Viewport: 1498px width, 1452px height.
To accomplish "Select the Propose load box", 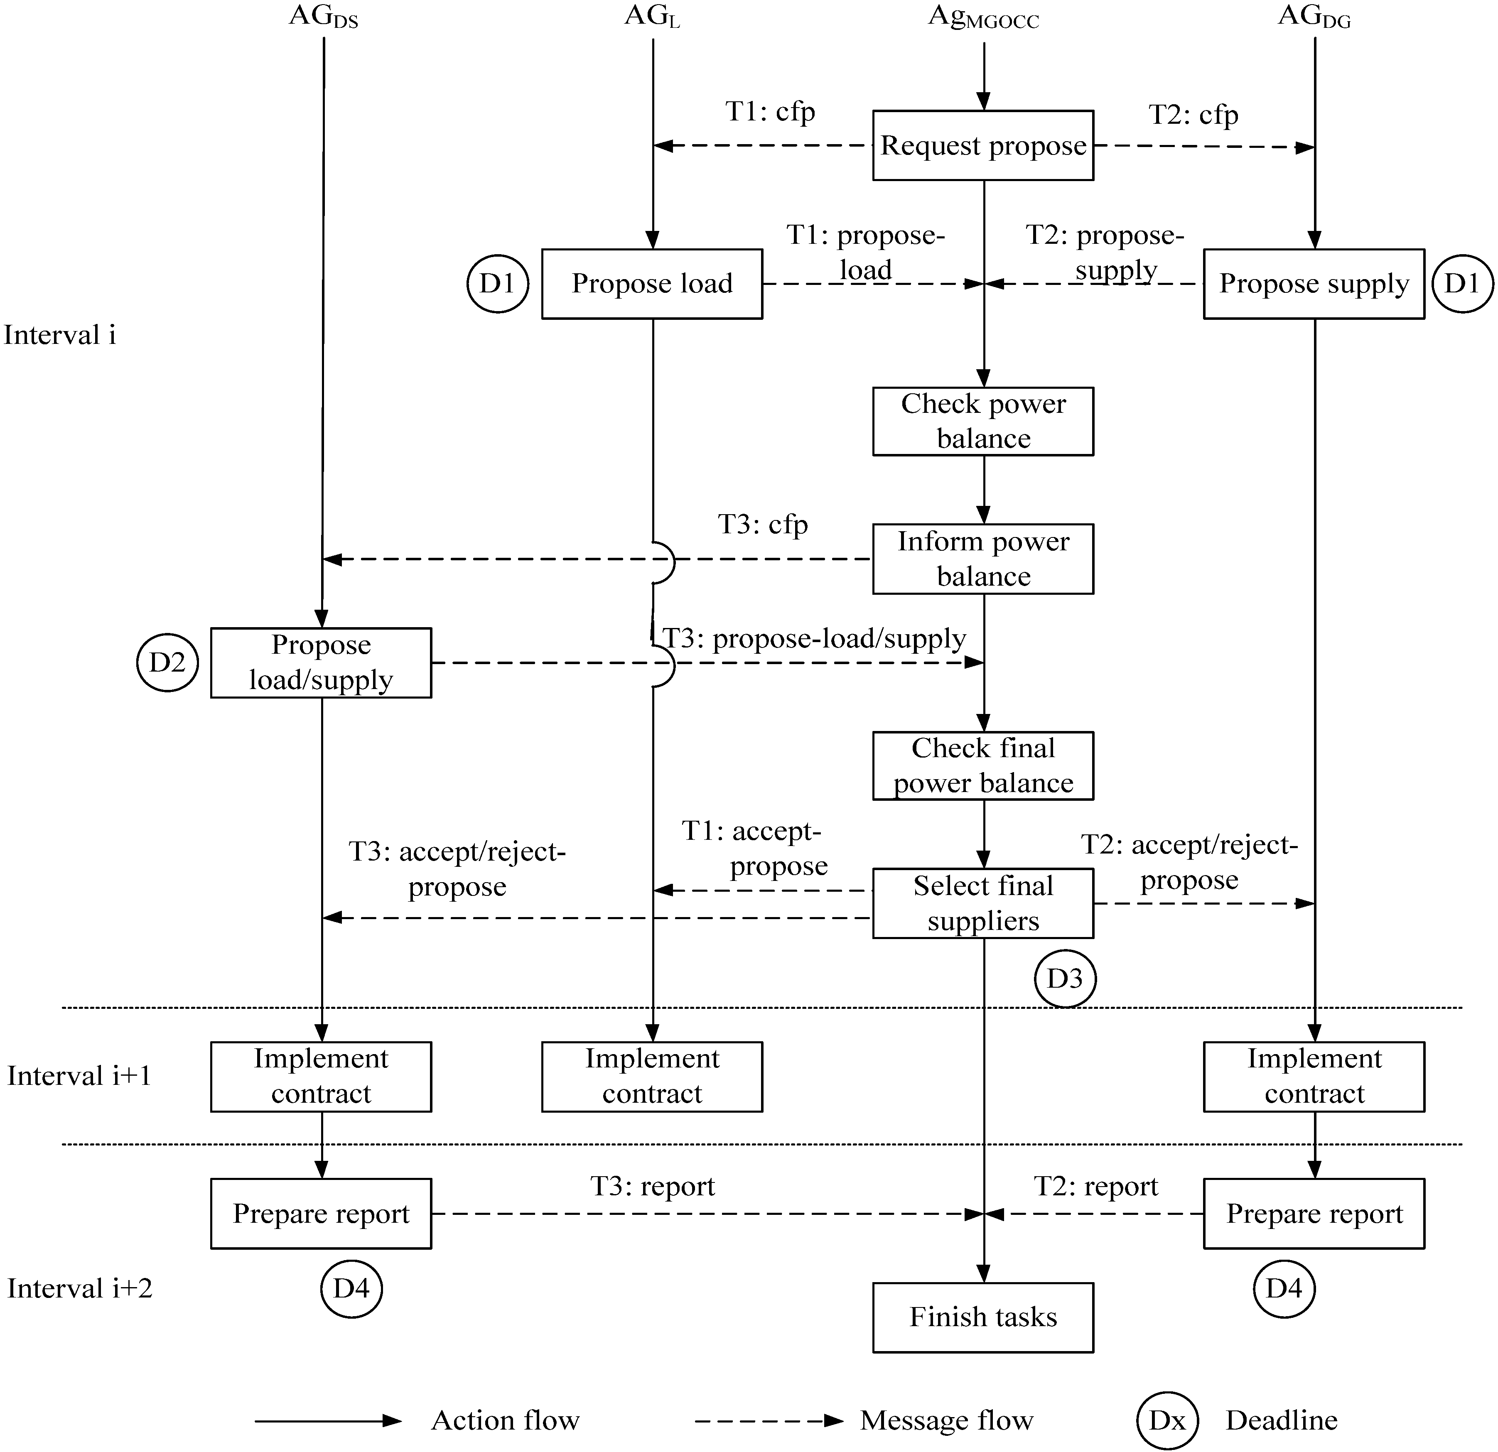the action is click(x=652, y=284).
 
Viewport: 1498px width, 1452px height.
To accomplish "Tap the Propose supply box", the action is click(x=1314, y=284).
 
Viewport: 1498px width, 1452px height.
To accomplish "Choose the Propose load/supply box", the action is click(x=321, y=662).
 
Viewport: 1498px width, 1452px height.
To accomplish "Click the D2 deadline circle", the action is click(x=167, y=662).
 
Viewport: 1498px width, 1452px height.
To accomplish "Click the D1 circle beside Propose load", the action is click(x=498, y=284).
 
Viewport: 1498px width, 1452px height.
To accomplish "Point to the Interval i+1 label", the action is click(x=79, y=1076).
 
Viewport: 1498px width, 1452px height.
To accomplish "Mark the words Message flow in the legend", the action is click(x=946, y=1421).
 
